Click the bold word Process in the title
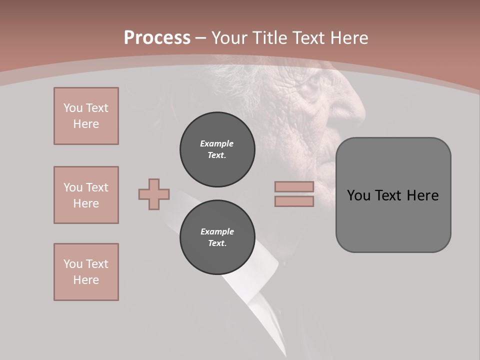(157, 38)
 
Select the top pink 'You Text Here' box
(86, 116)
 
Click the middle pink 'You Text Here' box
(86, 195)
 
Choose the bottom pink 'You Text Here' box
(86, 272)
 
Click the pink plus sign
(154, 194)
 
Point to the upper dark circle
(217, 149)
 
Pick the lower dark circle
(217, 237)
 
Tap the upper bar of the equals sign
(294, 186)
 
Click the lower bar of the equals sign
(294, 201)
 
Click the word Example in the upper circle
(216, 143)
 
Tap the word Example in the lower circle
(217, 231)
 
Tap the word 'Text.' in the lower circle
(217, 243)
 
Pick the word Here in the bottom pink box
(86, 280)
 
